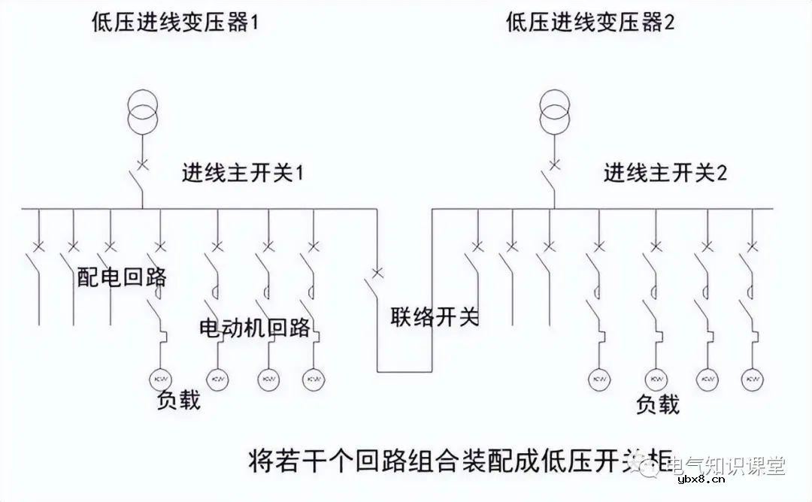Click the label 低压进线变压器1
175,22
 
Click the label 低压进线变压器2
591,22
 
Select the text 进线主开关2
665,174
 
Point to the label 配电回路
122,277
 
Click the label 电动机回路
254,328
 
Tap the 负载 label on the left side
179,399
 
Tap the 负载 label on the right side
658,404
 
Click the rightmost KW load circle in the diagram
751,378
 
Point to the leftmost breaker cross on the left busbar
38,246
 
